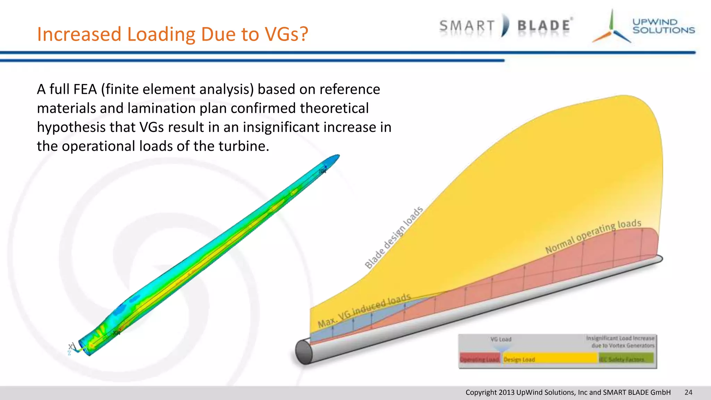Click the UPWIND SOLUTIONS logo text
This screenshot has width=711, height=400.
click(x=663, y=26)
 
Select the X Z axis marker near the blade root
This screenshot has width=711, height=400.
click(x=71, y=349)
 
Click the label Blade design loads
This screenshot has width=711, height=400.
click(x=394, y=237)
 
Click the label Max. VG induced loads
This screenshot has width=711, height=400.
click(x=364, y=310)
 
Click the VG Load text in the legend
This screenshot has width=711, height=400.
click(x=501, y=339)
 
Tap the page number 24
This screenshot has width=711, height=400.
click(x=688, y=392)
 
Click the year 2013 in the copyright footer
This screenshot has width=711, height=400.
click(x=507, y=392)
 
